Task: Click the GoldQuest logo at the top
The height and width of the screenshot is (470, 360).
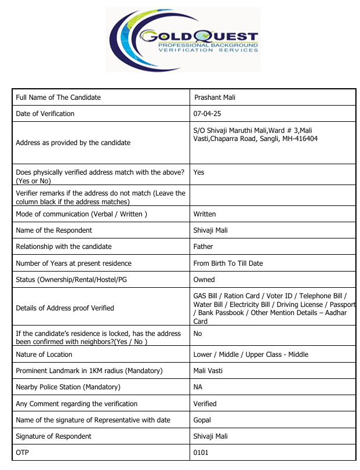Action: (183, 39)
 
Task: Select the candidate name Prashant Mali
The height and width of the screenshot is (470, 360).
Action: (214, 97)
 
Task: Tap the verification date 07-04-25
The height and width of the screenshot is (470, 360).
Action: (207, 114)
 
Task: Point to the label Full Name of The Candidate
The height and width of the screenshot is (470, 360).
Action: (59, 97)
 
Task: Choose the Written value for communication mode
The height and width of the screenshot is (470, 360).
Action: (205, 214)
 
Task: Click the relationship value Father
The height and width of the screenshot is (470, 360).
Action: (203, 247)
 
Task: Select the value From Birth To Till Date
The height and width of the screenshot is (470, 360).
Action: (228, 263)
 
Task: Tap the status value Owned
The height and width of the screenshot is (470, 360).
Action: (204, 280)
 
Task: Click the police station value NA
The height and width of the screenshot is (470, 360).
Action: (198, 387)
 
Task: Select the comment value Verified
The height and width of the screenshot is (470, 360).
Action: (205, 404)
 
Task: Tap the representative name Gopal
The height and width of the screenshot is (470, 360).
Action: (202, 420)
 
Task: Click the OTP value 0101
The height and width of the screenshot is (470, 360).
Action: (201, 453)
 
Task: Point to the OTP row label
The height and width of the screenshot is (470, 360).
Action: (22, 453)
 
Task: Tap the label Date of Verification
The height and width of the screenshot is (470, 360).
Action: (45, 114)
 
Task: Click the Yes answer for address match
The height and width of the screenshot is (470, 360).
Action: (199, 172)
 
